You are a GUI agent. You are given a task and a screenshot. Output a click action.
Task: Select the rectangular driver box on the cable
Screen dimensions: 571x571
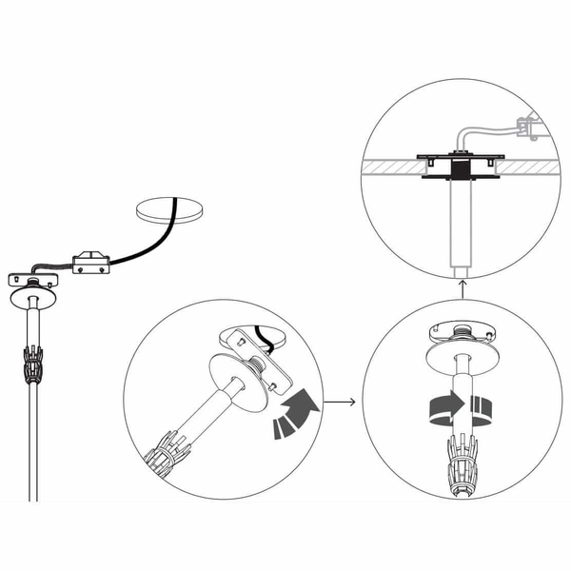tap(92, 263)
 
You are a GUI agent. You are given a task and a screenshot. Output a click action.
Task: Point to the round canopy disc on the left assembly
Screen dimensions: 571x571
tap(36, 298)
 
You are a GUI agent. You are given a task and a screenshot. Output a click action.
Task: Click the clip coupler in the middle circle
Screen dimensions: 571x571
tap(164, 454)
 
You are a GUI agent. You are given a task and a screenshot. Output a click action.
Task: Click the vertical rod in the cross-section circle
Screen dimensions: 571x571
tap(461, 224)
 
